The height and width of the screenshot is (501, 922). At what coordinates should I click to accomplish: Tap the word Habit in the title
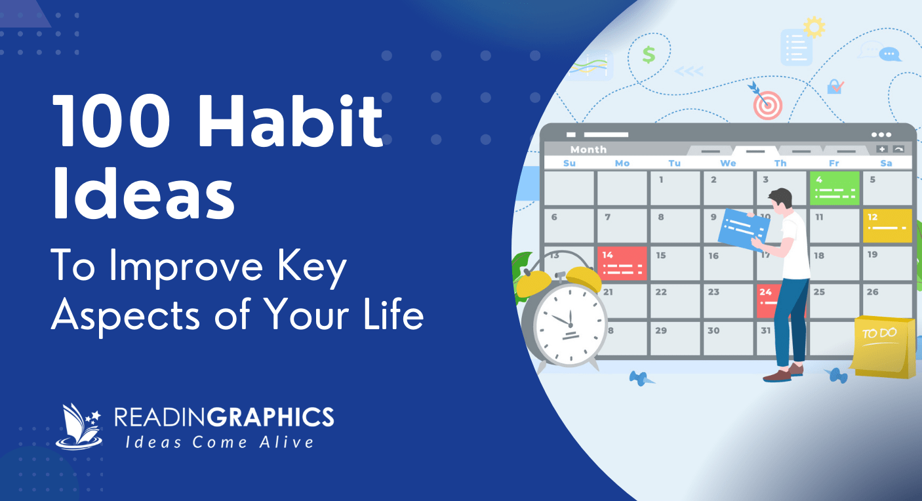point(291,119)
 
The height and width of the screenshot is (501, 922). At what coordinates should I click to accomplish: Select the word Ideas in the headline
point(143,193)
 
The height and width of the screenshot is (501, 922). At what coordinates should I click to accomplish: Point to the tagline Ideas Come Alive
point(220,443)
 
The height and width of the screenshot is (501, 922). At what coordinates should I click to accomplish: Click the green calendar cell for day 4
point(835,188)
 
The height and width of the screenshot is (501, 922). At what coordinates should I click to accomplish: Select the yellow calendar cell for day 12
point(887,226)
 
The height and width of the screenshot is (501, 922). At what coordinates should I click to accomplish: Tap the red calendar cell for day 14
point(622,264)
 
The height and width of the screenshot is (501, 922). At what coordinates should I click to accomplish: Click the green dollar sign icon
point(649,54)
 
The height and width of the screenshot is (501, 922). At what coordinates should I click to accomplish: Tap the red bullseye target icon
point(768,106)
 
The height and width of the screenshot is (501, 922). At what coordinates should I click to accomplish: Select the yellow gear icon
point(814,27)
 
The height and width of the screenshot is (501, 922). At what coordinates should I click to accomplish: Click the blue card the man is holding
point(744,230)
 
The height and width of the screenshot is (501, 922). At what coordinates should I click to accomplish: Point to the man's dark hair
point(781,197)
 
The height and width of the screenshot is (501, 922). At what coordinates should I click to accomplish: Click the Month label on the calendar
point(588,150)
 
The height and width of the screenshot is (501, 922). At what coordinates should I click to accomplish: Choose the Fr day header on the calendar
point(834,163)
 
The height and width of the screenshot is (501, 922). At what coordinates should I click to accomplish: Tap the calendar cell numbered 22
point(675,300)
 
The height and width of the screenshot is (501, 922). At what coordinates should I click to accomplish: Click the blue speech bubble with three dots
point(889,54)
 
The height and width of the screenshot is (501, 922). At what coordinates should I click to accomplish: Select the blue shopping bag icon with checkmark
point(834,87)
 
